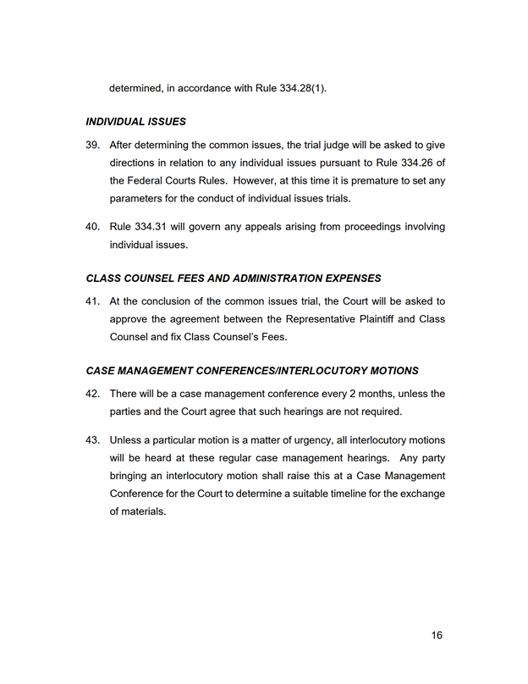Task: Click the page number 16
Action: pyautogui.click(x=437, y=636)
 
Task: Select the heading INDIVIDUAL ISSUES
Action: pyautogui.click(x=136, y=122)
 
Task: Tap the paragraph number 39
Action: pyautogui.click(x=93, y=145)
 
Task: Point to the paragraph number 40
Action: pyautogui.click(x=93, y=227)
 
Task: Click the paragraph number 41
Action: pyautogui.click(x=93, y=301)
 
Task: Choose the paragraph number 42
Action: pyautogui.click(x=93, y=394)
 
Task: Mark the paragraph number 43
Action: pyautogui.click(x=93, y=440)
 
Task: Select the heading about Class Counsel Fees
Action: pyautogui.click(x=234, y=278)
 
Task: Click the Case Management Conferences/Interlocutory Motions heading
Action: pyautogui.click(x=251, y=371)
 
